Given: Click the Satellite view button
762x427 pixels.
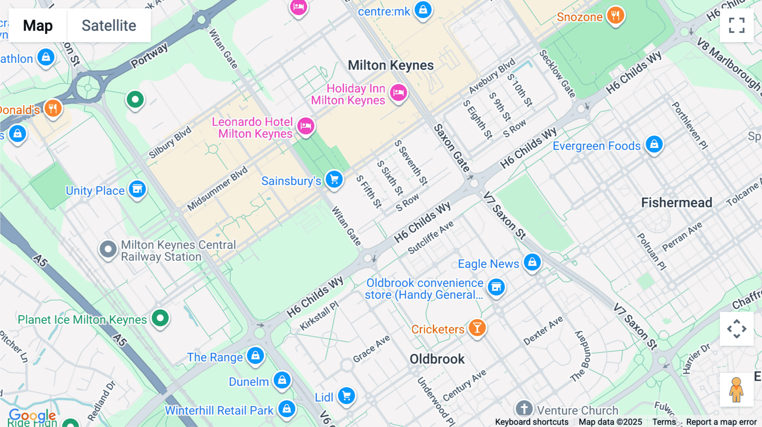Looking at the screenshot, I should pos(109,25).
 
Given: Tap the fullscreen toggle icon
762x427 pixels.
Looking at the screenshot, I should pos(737,25).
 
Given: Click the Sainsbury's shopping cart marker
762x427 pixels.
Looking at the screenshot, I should pos(334,180).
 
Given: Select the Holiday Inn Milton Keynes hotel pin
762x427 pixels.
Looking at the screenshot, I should pos(398,93).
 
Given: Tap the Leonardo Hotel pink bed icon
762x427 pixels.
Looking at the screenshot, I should pos(306,126).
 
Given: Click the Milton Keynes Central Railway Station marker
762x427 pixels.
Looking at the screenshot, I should pos(108,249).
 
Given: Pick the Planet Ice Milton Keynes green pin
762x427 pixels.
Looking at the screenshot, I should pos(160,318).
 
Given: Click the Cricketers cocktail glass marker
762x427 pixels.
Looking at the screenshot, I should pos(477,328).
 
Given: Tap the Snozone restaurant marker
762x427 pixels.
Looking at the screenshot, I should pos(616,16).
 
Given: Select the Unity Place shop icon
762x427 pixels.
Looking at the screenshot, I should pos(137,189).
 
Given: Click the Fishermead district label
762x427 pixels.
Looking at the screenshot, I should pos(676,203).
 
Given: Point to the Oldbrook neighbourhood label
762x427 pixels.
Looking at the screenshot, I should pos(437,359).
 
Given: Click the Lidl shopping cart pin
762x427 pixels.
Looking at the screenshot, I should pos(346,396).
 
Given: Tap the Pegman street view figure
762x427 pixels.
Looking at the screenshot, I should pos(736,389).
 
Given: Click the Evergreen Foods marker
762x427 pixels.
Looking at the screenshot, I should pos(654,145).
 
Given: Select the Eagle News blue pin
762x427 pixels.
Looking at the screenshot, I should pos(532,263).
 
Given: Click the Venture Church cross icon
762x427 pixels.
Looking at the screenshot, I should pos(524,409).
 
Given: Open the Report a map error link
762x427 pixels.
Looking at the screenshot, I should pos(721,422).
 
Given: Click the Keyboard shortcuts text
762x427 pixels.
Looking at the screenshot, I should pos(532,422).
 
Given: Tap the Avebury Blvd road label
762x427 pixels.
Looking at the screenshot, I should pos(492,76).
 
